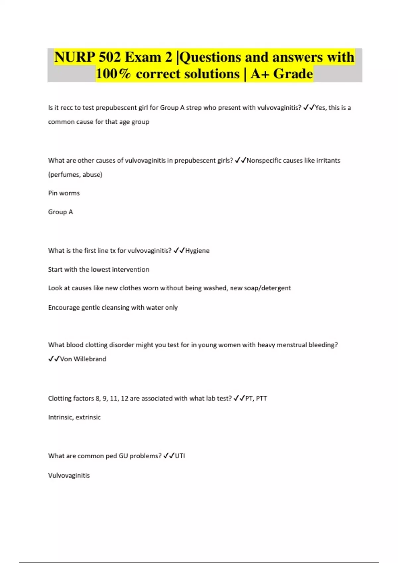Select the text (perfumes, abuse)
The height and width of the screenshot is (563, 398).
tap(75, 175)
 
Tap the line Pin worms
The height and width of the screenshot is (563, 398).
tap(64, 193)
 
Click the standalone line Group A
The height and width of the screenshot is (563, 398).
tap(60, 212)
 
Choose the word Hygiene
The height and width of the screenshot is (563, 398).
tap(197, 251)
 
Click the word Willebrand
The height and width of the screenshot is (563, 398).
tap(90, 359)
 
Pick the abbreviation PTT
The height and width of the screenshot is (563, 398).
tap(262, 398)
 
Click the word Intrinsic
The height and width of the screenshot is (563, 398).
tap(61, 417)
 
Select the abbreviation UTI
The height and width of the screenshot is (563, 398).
tap(180, 456)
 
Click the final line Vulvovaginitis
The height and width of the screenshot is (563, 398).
tap(69, 475)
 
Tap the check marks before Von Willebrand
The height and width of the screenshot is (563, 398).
tap(54, 359)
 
